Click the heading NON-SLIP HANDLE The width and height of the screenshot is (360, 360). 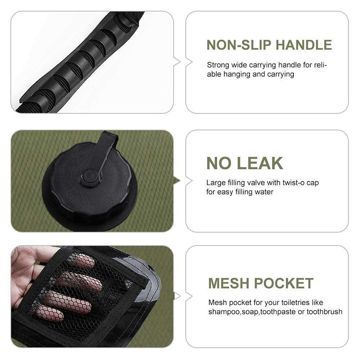[269, 45]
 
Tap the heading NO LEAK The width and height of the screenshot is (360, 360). [244, 163]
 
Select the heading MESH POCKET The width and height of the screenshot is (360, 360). [261, 284]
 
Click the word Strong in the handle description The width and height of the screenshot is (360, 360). [218, 65]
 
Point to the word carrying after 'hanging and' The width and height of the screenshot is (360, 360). [280, 75]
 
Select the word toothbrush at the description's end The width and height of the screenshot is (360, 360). [324, 312]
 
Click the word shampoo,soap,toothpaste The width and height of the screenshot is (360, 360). [252, 312]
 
